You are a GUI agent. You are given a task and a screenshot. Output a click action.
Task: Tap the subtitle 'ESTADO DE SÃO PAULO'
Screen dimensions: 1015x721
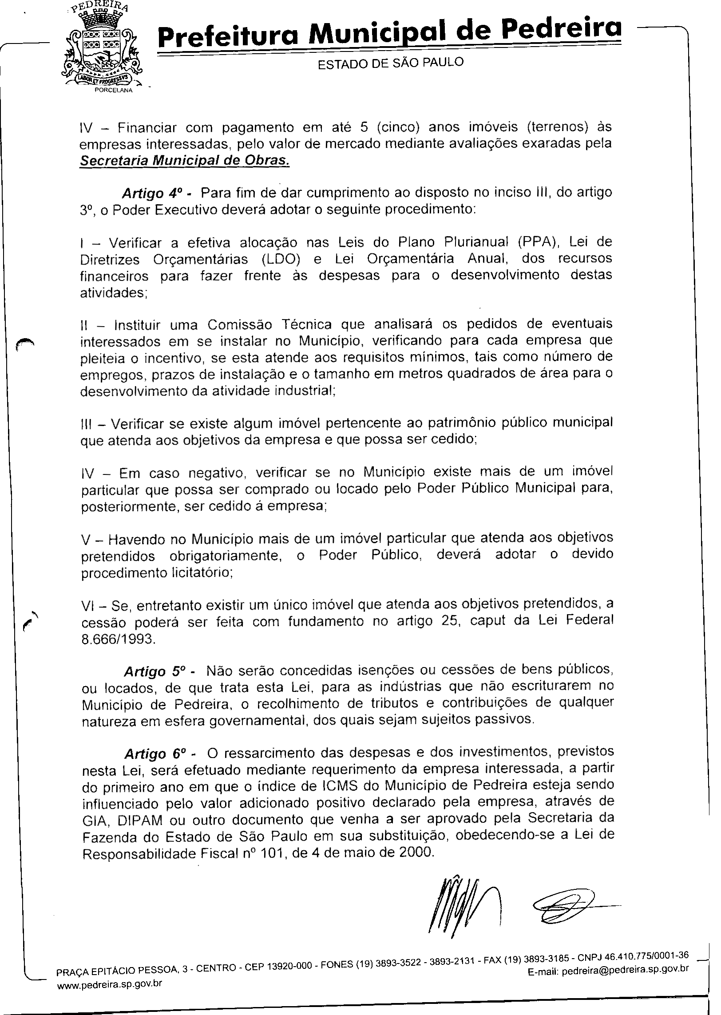coord(390,63)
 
